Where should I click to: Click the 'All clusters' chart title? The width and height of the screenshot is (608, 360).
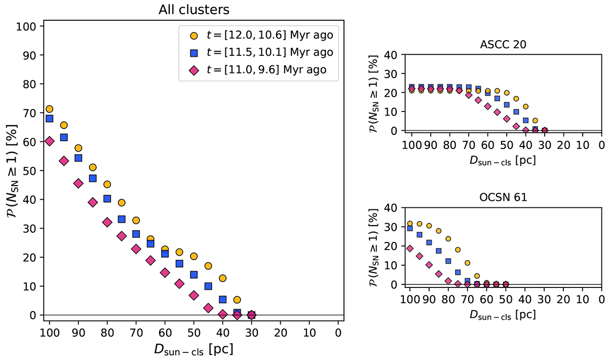point(194,9)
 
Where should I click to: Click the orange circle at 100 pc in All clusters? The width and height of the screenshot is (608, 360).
point(50,109)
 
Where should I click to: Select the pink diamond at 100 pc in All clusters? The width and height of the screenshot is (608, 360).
point(50,141)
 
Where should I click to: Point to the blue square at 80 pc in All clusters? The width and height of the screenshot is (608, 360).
point(107,199)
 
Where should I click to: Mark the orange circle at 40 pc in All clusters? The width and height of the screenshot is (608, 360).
point(222,278)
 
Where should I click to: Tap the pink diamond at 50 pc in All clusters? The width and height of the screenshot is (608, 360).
point(194,295)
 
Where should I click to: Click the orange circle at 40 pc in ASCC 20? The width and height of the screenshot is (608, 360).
point(526,106)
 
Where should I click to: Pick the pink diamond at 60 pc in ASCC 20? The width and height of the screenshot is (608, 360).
point(487,106)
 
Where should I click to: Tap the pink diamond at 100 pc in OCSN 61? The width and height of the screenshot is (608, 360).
point(410,248)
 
